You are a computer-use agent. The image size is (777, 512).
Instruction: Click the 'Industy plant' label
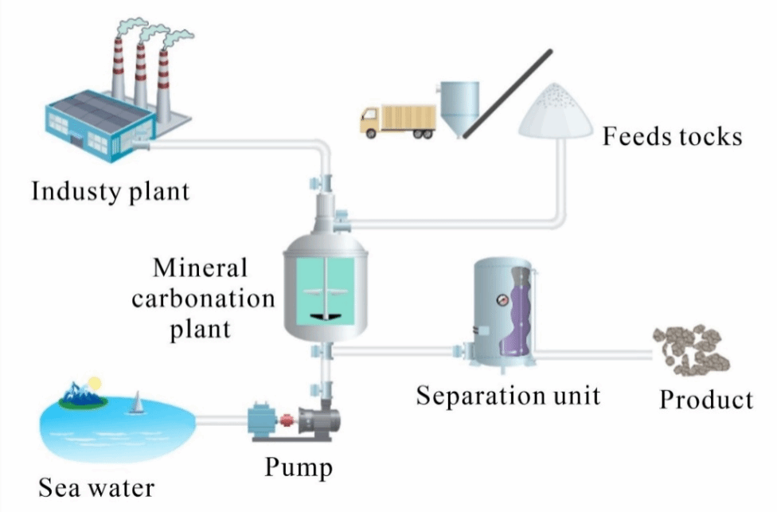[x=111, y=191]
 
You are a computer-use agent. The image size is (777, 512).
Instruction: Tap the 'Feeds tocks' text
[x=672, y=136]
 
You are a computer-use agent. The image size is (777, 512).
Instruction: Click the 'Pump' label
[x=298, y=466]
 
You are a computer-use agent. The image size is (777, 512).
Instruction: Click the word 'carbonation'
[x=202, y=299]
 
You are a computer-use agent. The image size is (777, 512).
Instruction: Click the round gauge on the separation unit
[x=503, y=300]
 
